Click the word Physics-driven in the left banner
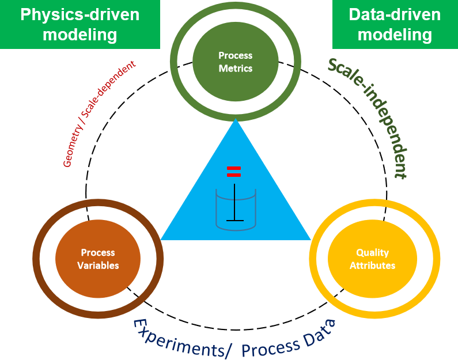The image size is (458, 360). pos(80,14)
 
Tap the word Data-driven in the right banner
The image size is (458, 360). pos(395,14)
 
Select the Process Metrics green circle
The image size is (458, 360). pos(235,62)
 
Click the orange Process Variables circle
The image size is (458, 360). pos(98,259)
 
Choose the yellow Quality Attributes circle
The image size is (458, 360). pos(372,259)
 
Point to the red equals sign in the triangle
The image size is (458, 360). pos(233,171)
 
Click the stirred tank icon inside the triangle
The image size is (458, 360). pos(235,207)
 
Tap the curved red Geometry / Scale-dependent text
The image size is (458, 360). pos(98,115)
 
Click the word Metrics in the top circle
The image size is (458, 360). pos(236,68)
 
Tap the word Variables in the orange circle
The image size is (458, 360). pos(98,266)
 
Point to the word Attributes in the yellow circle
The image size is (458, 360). pos(372,266)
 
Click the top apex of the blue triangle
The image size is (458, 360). pos(236,119)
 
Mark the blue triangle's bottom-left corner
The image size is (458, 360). pos(161,239)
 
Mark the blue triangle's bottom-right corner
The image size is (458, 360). pos(310,239)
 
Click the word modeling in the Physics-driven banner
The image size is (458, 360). pos(80,35)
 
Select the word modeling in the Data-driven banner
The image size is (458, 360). pos(395,35)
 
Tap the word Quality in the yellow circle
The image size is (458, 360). pos(372,253)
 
